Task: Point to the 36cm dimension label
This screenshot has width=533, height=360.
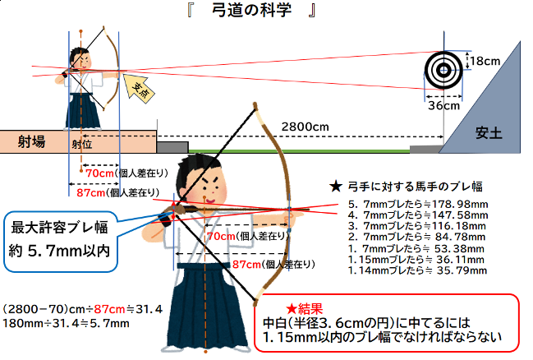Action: pos(444,105)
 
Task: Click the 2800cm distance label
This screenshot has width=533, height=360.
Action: pos(304,127)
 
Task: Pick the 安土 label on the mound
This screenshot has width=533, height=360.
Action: pos(488,134)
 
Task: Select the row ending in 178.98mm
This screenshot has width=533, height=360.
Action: pos(418,202)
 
